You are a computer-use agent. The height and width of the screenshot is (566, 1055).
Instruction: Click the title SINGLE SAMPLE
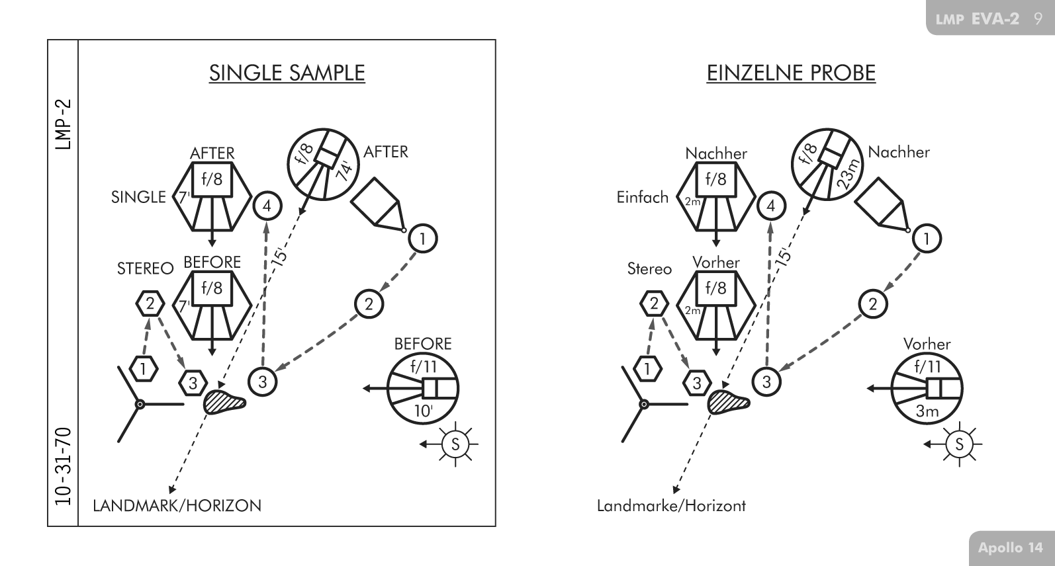point(287,72)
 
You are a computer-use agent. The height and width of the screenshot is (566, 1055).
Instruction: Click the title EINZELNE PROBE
point(791,72)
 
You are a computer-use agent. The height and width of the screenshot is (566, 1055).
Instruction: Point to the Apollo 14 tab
point(1010,547)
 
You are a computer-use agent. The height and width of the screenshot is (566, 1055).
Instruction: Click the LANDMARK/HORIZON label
point(177,506)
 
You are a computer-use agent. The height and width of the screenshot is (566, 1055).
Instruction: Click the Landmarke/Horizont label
point(671,506)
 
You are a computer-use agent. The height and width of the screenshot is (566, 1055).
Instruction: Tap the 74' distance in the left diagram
point(345,170)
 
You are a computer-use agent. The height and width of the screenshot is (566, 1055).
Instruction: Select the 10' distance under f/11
point(422,411)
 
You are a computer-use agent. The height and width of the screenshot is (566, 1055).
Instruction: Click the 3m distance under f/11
point(927,411)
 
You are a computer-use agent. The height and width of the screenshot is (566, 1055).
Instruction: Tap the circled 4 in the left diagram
point(267,206)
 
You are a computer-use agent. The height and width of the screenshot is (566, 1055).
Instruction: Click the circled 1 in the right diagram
point(927,239)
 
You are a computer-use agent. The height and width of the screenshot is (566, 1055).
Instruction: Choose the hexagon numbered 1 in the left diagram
point(143,368)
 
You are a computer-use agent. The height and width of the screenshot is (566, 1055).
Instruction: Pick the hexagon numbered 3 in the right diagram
point(697,383)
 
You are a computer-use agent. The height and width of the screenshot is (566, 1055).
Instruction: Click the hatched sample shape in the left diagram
point(223,402)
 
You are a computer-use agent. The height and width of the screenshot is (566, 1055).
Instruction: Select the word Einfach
point(642,197)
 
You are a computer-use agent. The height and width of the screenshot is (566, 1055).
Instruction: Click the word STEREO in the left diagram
point(145,268)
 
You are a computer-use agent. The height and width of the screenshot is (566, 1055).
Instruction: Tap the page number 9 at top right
point(1037,19)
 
